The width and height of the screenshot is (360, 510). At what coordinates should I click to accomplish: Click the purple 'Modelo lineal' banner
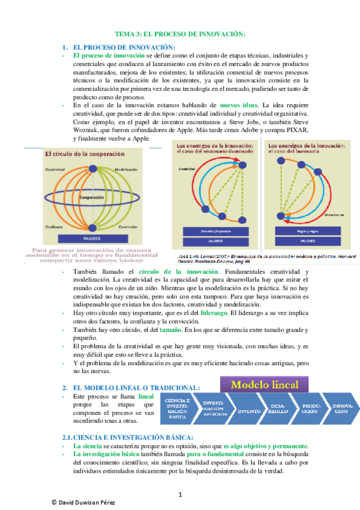click(x=264, y=384)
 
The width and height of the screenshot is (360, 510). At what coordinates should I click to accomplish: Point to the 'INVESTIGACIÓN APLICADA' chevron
click(x=214, y=409)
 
